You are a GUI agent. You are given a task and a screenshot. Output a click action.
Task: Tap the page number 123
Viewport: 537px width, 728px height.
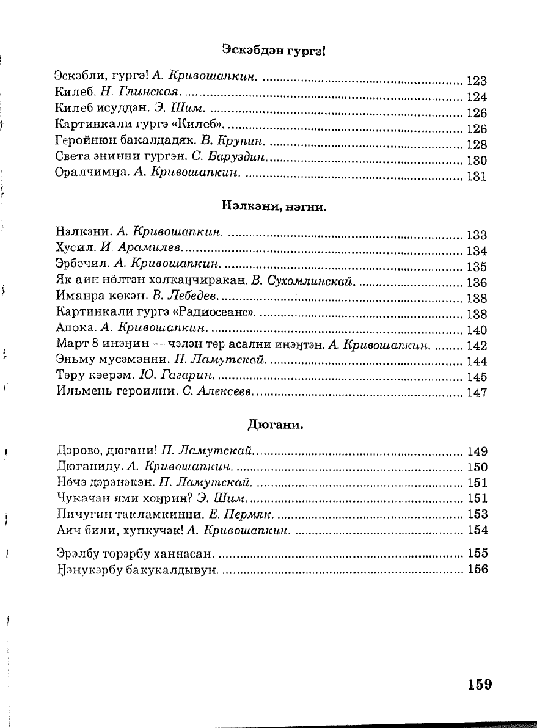coord(476,81)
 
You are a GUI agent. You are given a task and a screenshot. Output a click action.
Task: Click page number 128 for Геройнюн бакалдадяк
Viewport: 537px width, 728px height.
coord(476,145)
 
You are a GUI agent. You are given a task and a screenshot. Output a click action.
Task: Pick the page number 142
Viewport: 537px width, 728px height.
coord(476,346)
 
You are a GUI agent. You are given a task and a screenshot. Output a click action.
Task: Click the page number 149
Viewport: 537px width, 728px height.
coord(476,452)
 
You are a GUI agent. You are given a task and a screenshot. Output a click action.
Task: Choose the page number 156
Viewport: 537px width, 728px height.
coord(476,570)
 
